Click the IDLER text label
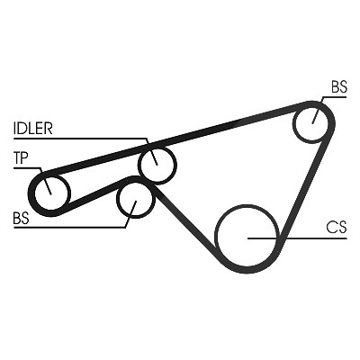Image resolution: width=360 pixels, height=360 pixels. [x=33, y=128]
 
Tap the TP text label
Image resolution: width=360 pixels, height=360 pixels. [x=21, y=157]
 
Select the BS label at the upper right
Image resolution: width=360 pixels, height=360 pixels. [x=339, y=86]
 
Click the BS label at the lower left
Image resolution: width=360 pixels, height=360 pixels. [x=22, y=218]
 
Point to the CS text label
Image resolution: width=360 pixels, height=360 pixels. [x=337, y=227]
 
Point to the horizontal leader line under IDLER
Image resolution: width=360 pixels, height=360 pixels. [x=80, y=139]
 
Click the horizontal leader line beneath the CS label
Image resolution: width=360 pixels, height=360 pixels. [x=297, y=238]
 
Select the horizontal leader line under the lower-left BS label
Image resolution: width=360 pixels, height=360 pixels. [x=69, y=228]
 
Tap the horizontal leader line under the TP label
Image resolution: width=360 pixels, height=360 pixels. [x=27, y=167]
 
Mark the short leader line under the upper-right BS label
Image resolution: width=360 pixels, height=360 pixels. [x=334, y=97]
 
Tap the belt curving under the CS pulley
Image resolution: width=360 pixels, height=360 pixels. [x=250, y=271]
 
